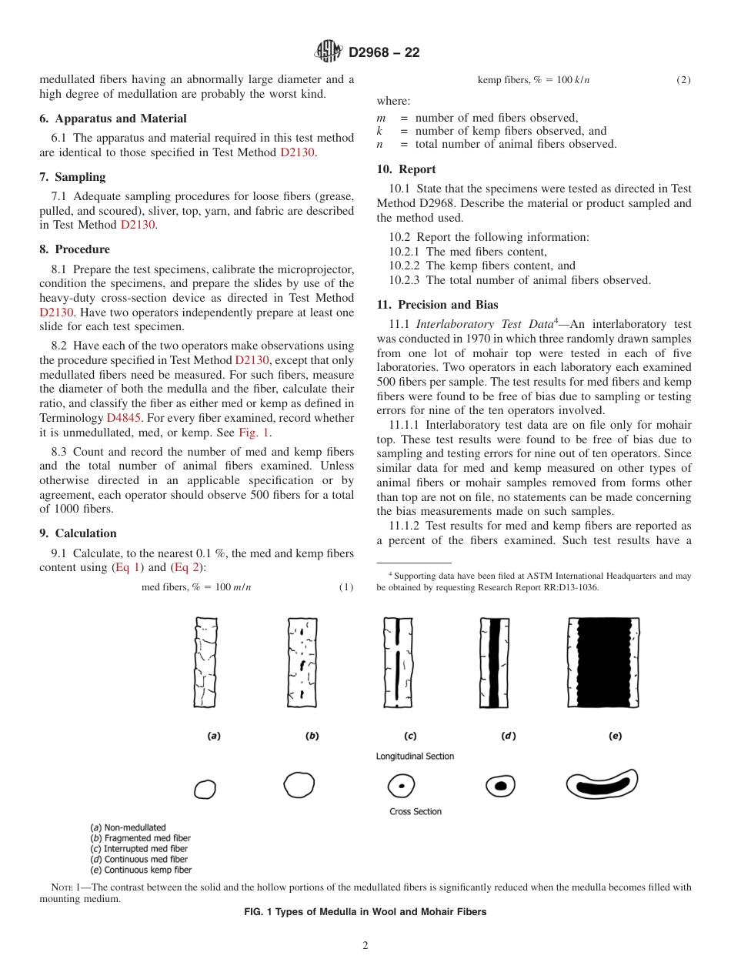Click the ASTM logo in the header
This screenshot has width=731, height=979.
point(329,52)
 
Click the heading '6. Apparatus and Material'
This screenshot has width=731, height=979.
point(113,119)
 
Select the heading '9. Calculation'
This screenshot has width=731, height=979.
point(78,533)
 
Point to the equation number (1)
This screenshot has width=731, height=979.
point(345,587)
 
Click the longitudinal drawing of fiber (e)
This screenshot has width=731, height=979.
point(602,662)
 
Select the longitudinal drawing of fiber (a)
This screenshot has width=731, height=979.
point(205,663)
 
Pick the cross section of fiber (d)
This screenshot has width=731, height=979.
point(500,786)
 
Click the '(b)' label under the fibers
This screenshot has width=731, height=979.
point(312,736)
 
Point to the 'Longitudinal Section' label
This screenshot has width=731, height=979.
point(415,757)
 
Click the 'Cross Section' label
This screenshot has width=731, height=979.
point(416,811)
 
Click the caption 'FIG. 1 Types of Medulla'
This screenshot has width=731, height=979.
point(365,912)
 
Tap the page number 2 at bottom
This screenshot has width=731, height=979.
point(365,946)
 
